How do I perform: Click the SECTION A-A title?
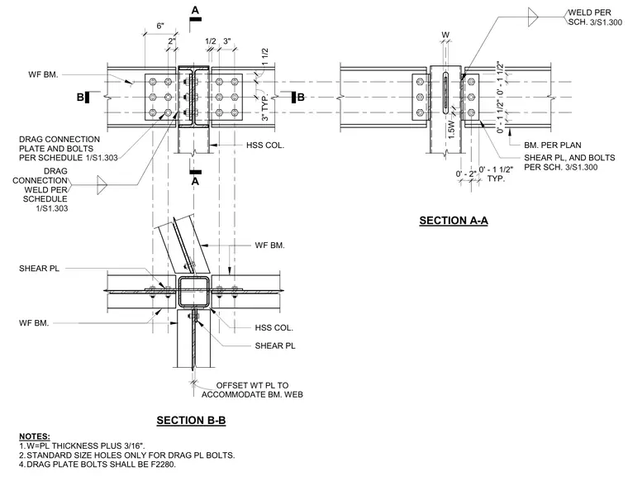pos(454,221)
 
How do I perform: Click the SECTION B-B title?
pos(191,421)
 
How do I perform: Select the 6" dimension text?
pos(160,26)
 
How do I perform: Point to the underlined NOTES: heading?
pos(35,436)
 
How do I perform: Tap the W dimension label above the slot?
pos(445,36)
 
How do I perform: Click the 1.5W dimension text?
pos(451,130)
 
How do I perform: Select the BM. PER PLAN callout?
pos(552,145)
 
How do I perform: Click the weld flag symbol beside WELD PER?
pos(533,17)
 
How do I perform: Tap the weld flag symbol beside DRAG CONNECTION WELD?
pos(102,185)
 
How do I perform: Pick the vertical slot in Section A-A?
pos(445,93)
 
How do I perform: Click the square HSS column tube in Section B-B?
pos(193,291)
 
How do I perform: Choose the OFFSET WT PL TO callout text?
pos(252,385)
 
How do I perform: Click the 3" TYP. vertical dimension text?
pos(264,107)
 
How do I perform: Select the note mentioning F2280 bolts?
pos(98,465)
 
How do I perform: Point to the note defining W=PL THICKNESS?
pos(82,446)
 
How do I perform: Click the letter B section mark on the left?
pos(80,97)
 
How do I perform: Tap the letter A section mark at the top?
pos(195,10)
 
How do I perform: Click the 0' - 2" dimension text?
pos(466,174)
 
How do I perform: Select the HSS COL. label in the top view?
pos(265,145)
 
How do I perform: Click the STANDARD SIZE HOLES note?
pos(127,455)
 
